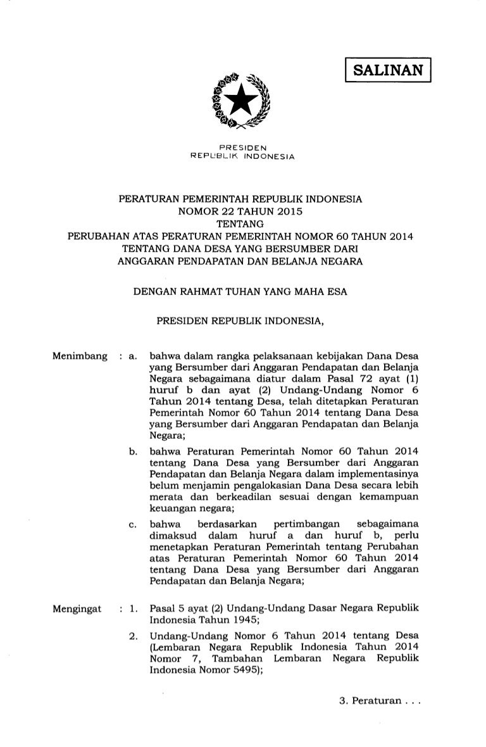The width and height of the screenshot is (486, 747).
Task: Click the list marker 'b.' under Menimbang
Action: click(x=133, y=452)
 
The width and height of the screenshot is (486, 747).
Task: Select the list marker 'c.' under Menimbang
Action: click(x=133, y=525)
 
